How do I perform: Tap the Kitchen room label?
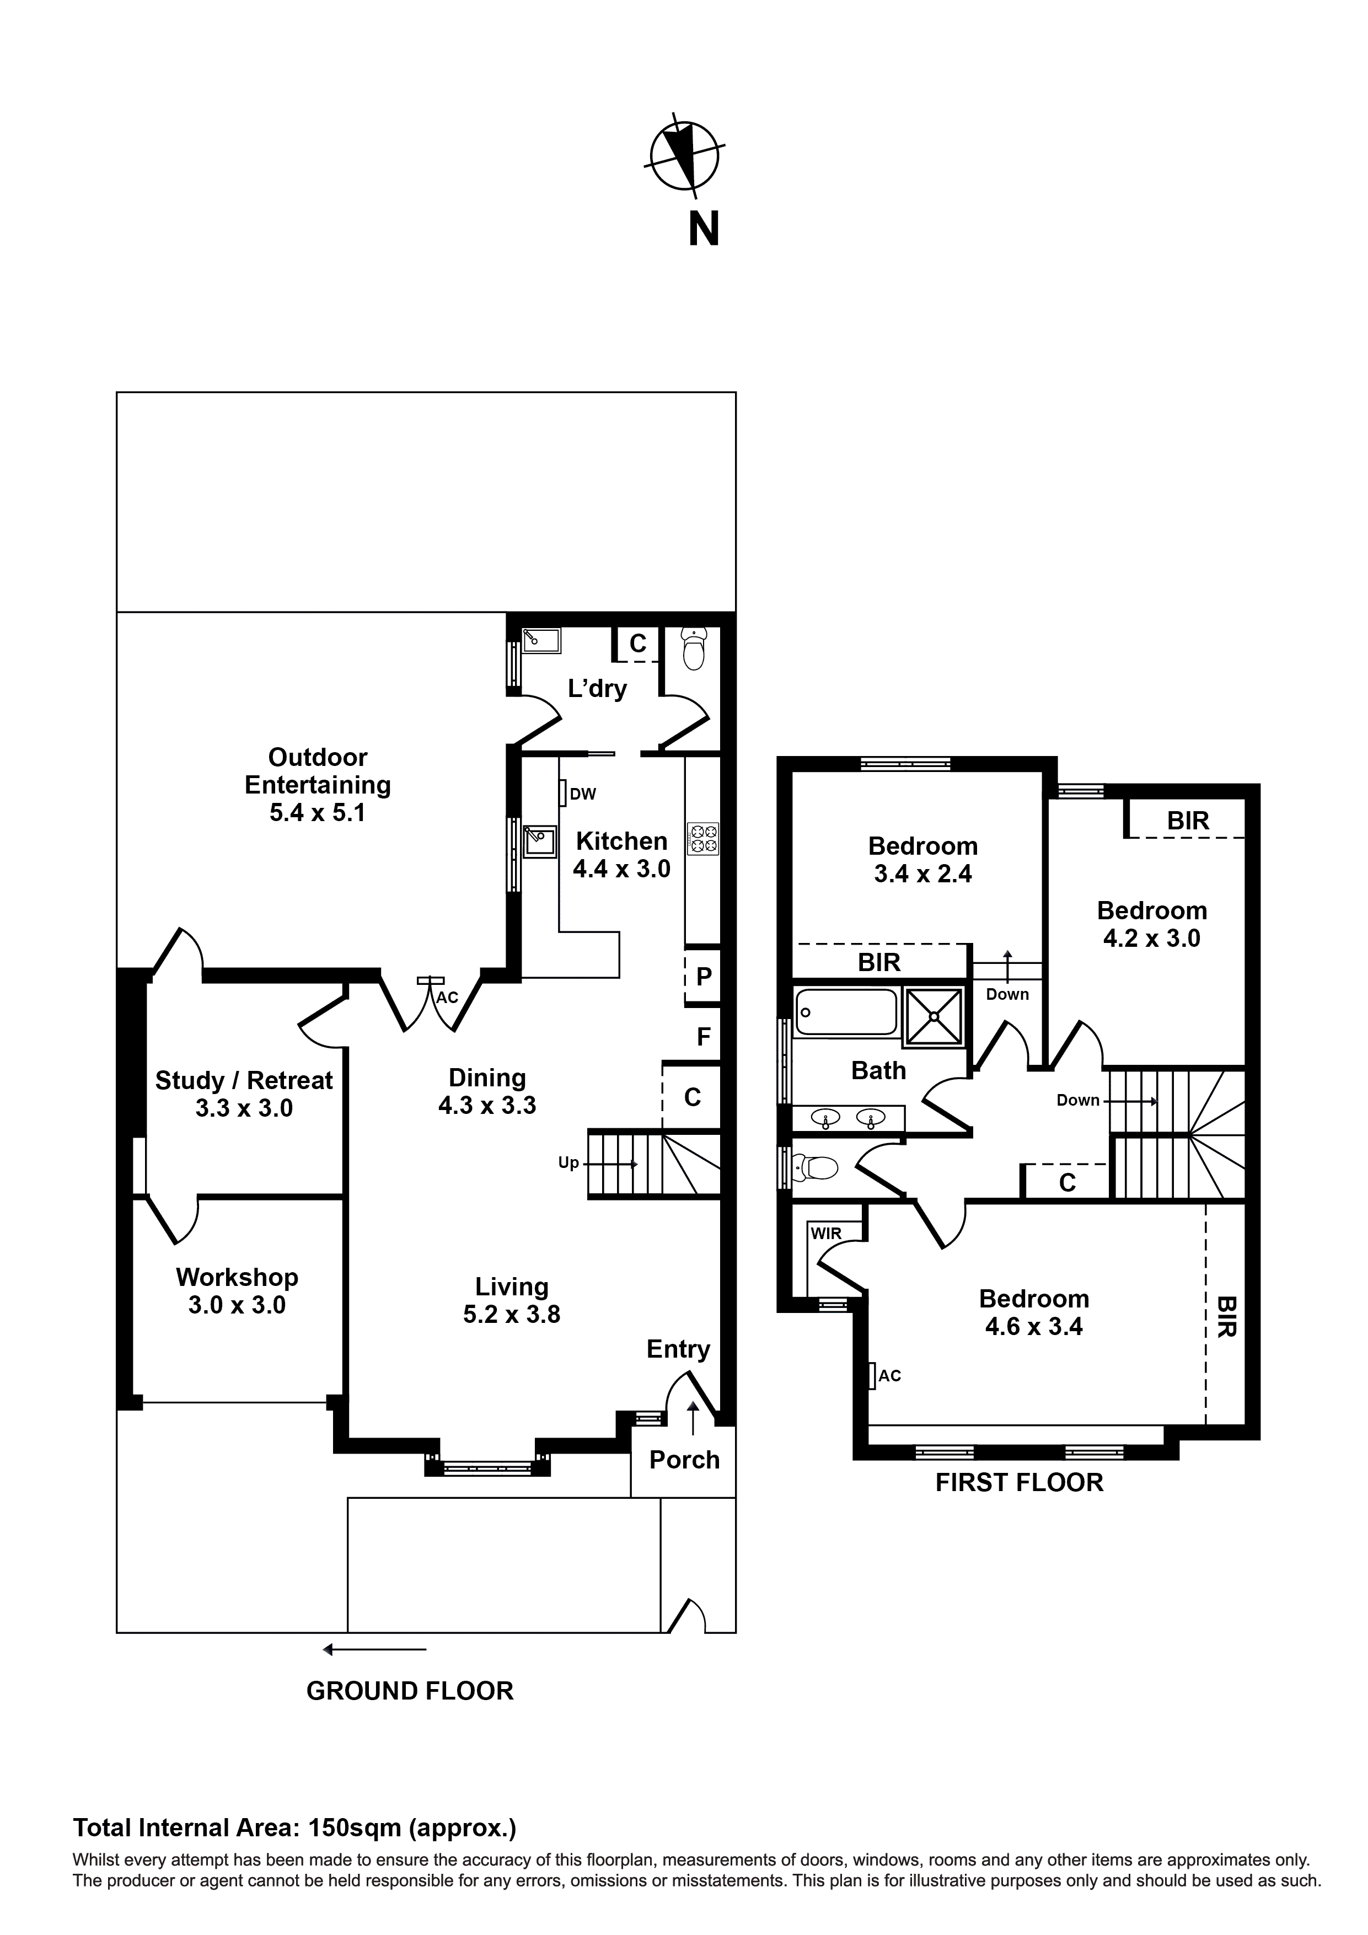(621, 841)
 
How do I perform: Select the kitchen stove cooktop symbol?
(703, 839)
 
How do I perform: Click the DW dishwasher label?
(582, 794)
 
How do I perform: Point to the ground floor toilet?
(693, 650)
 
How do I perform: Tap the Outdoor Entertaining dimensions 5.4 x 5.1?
(317, 812)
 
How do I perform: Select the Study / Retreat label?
(244, 1080)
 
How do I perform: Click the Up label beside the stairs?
(568, 1163)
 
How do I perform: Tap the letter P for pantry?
(704, 976)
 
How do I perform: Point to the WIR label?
(826, 1233)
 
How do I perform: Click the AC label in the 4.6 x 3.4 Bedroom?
(889, 1375)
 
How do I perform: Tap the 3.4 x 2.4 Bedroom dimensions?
(923, 874)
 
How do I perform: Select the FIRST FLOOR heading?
(1019, 1482)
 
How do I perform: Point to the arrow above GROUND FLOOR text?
(375, 1649)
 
